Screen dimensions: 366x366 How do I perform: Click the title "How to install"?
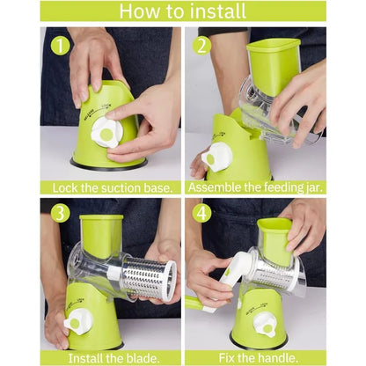182,11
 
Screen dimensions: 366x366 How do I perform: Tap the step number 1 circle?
59,45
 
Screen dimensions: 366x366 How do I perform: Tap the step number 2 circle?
202,45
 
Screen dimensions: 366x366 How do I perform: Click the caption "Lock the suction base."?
110,187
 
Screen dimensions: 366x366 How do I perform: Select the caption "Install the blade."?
110,357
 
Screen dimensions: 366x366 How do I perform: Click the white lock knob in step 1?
106,131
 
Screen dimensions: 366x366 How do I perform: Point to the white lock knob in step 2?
217,157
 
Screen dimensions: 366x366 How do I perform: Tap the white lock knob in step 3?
77,323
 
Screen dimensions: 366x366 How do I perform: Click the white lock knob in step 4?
265,325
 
